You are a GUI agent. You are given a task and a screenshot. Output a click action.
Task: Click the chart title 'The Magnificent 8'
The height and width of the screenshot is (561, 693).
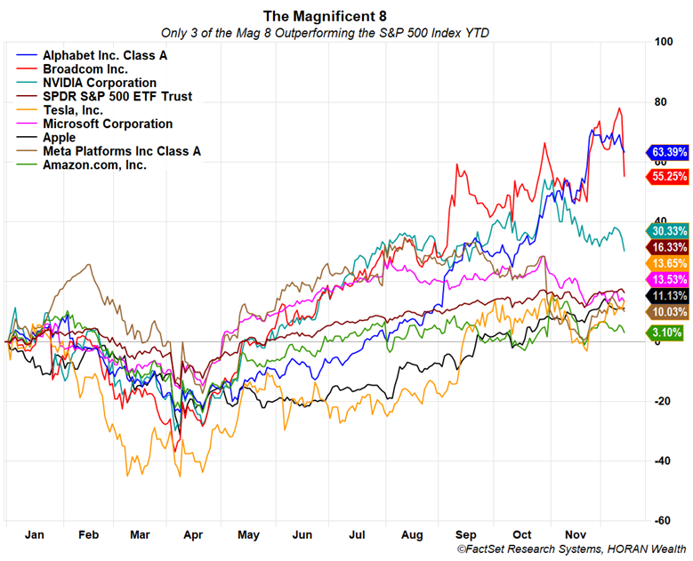[325, 15]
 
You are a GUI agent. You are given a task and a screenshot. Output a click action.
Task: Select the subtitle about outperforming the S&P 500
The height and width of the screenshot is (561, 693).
[325, 33]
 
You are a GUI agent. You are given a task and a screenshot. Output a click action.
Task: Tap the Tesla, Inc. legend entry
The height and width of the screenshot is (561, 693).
[73, 110]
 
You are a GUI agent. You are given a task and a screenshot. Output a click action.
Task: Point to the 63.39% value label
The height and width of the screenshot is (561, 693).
[669, 151]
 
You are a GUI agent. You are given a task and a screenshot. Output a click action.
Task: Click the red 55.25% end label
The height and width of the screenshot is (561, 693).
[669, 176]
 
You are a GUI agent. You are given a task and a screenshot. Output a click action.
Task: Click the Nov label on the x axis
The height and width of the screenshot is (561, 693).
[578, 535]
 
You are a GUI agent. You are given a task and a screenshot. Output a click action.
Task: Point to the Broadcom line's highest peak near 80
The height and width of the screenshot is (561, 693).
[619, 108]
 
